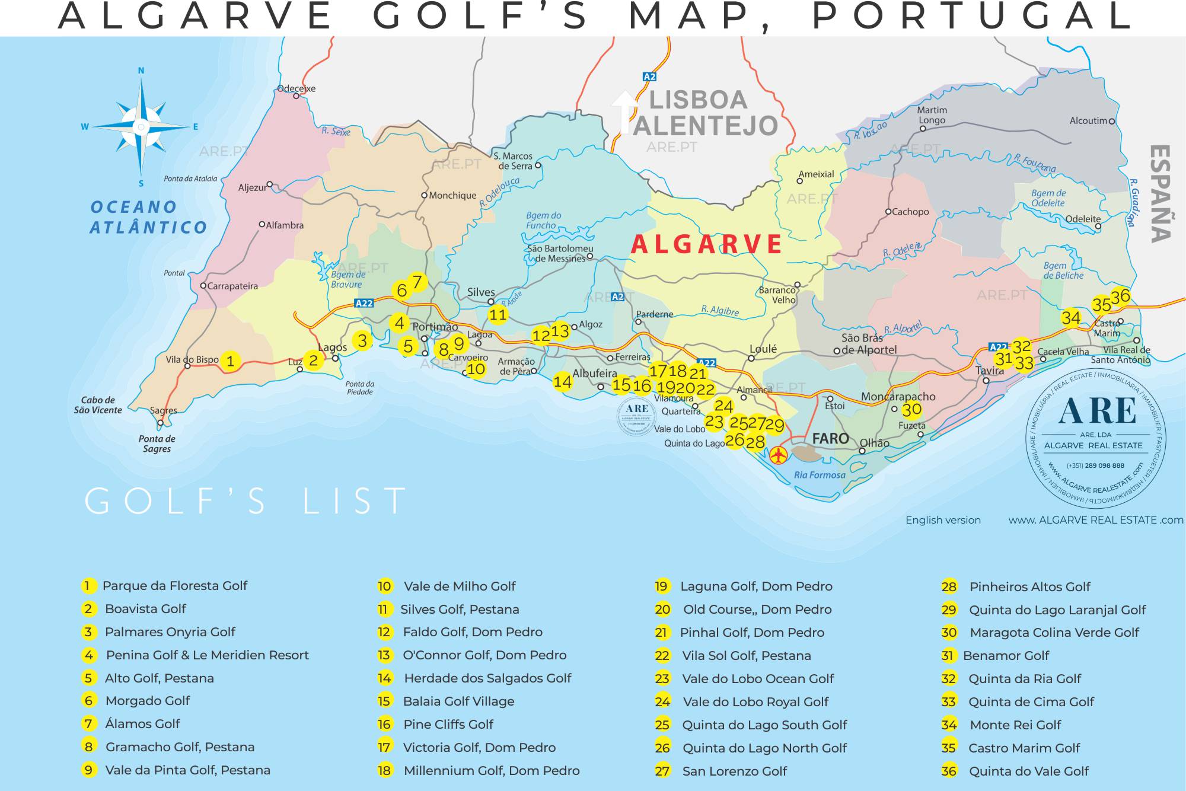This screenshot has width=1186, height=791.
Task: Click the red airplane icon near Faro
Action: click(x=778, y=455)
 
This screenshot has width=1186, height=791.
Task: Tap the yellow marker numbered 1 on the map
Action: click(x=230, y=361)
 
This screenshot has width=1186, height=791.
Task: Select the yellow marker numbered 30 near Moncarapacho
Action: click(x=911, y=409)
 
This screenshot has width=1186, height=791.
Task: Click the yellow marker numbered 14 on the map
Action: click(x=562, y=381)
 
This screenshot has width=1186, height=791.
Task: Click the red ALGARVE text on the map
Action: click(x=706, y=244)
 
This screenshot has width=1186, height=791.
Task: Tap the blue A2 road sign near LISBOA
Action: click(x=650, y=76)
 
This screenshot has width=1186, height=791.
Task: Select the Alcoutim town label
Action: click(x=1088, y=121)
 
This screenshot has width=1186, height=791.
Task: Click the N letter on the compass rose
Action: click(x=141, y=71)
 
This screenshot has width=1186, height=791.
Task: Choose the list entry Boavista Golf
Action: click(x=145, y=609)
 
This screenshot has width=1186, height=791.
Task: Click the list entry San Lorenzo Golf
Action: click(x=734, y=771)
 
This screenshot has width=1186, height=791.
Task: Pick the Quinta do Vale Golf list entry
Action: click(x=1028, y=771)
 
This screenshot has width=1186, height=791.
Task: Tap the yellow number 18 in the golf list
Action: click(x=384, y=770)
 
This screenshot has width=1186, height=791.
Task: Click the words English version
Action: click(x=943, y=520)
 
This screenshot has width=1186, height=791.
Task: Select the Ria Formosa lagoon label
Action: click(x=820, y=475)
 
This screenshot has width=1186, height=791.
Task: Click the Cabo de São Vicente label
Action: click(x=98, y=405)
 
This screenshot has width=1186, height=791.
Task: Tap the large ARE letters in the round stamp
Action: click(x=1097, y=411)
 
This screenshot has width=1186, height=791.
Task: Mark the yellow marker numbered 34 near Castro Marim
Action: click(x=1071, y=318)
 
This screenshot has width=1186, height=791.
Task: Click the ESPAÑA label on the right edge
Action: click(x=1160, y=193)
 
